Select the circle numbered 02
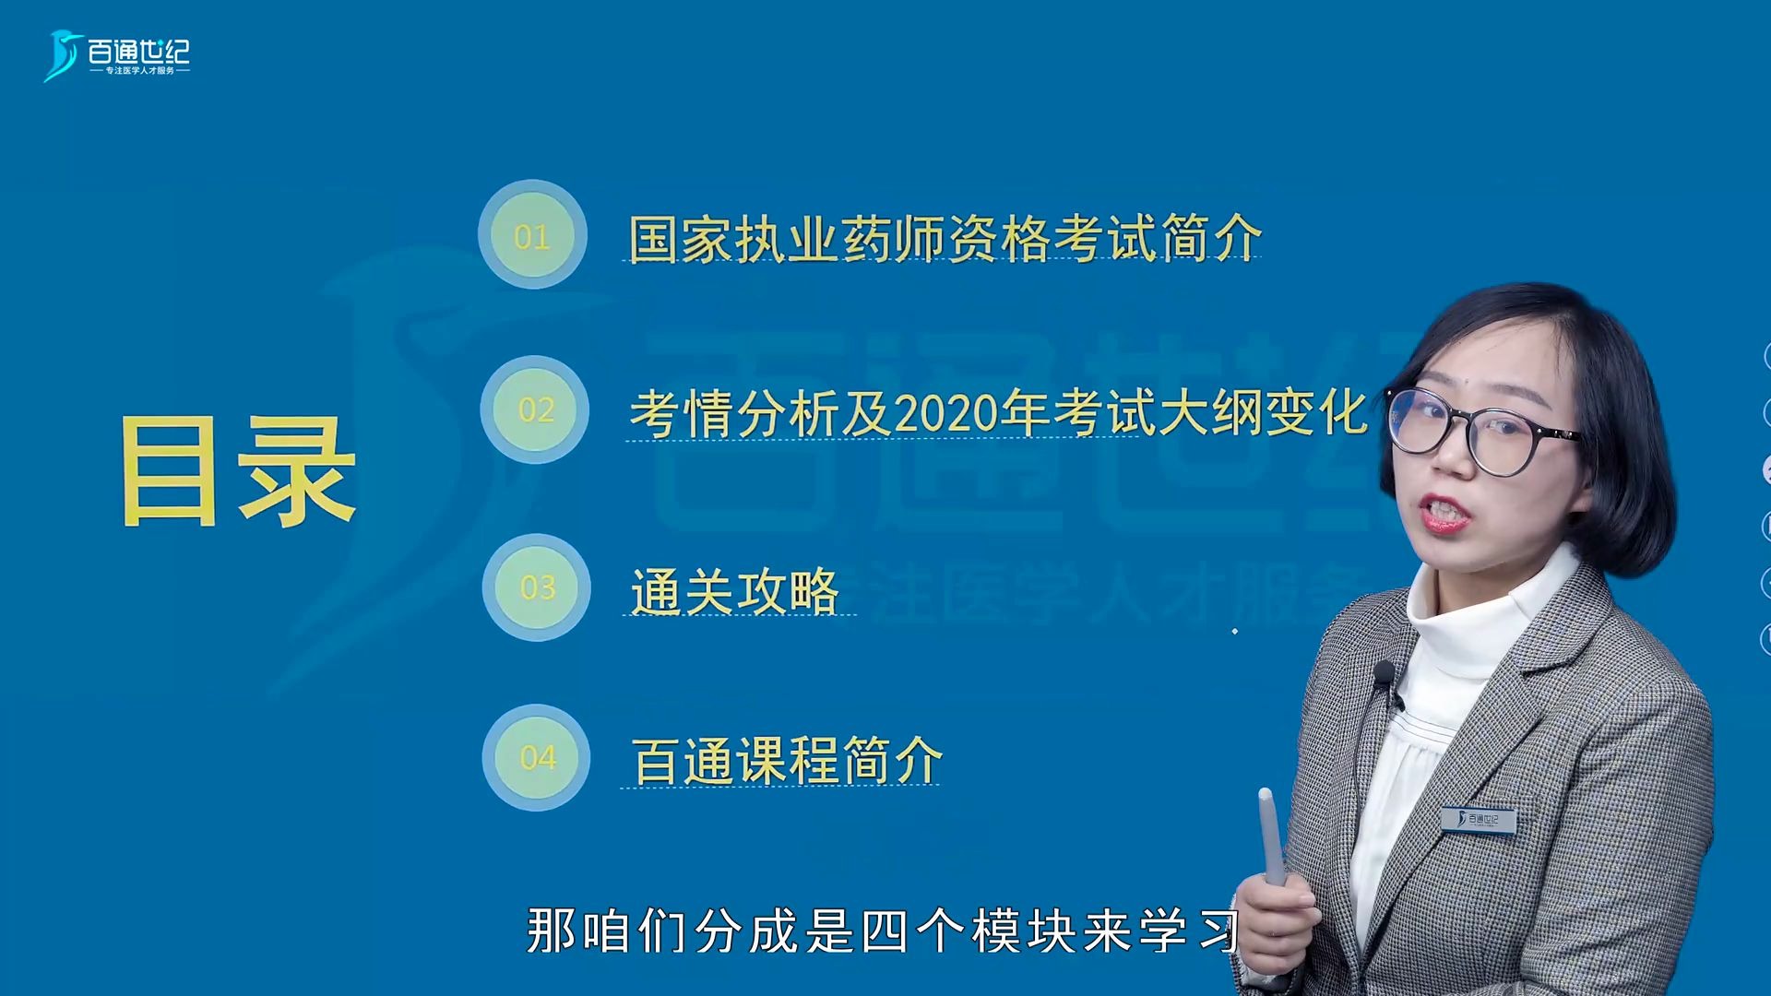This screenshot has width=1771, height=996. click(535, 409)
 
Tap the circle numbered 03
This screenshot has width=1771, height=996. click(537, 587)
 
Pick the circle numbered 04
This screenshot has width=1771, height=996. click(537, 757)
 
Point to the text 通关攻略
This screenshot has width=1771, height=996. click(735, 591)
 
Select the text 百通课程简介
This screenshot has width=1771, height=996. click(786, 762)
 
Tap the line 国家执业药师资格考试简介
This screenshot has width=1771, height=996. click(945, 239)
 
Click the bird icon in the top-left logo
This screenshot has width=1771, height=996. click(63, 55)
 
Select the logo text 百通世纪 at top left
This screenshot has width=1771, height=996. click(139, 51)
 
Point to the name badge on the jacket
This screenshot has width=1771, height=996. click(1478, 818)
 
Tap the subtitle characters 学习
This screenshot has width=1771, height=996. click(1189, 931)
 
